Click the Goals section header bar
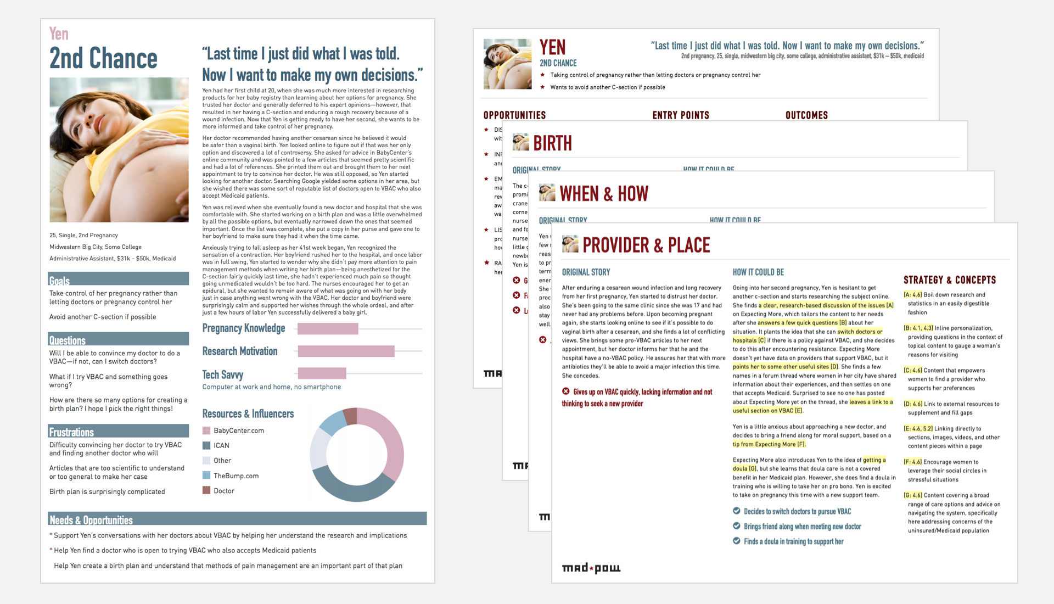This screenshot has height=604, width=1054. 118,279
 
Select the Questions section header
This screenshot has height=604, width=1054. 118,339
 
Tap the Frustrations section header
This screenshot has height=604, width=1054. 118,431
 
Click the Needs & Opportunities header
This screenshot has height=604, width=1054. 237,519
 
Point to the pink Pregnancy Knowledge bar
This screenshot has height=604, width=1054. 328,329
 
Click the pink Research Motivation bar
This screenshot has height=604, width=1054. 346,351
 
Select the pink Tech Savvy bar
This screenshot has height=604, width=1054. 322,374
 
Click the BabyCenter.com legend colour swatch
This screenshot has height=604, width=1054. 206,430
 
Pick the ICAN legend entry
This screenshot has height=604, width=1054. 221,445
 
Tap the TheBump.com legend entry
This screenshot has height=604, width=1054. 236,476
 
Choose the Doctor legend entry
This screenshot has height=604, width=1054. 223,491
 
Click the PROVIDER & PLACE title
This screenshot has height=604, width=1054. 646,245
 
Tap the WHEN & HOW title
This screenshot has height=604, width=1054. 604,194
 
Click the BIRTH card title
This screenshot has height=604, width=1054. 552,143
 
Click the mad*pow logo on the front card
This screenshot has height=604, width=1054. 591,568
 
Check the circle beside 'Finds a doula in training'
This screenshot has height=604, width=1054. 737,541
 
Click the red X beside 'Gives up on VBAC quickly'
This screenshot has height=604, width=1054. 565,392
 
